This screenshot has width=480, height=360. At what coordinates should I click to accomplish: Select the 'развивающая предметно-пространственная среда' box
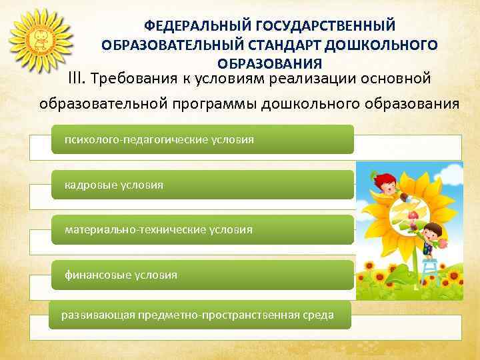tap(200, 314)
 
